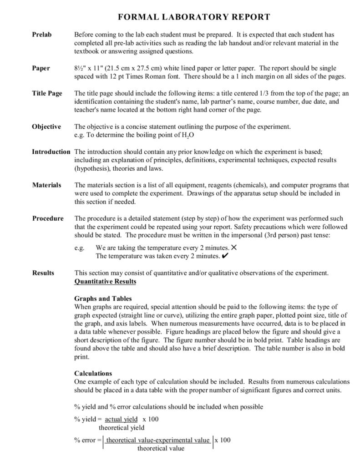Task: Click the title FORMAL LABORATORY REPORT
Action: (x=194, y=17)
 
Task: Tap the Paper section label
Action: (x=41, y=68)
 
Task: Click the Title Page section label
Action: (x=47, y=94)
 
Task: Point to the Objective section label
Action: (x=46, y=127)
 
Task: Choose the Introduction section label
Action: (x=51, y=152)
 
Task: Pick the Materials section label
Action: (x=47, y=185)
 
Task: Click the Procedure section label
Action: (x=48, y=218)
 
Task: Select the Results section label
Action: (x=43, y=273)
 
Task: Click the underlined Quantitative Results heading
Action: (x=105, y=281)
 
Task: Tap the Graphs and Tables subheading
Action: (x=103, y=299)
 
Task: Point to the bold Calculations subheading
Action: (x=93, y=373)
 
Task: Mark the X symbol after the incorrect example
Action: (x=234, y=248)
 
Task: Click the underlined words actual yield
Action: (x=121, y=419)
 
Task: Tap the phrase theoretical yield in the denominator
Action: (x=122, y=428)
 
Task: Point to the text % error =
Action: (x=87, y=440)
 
